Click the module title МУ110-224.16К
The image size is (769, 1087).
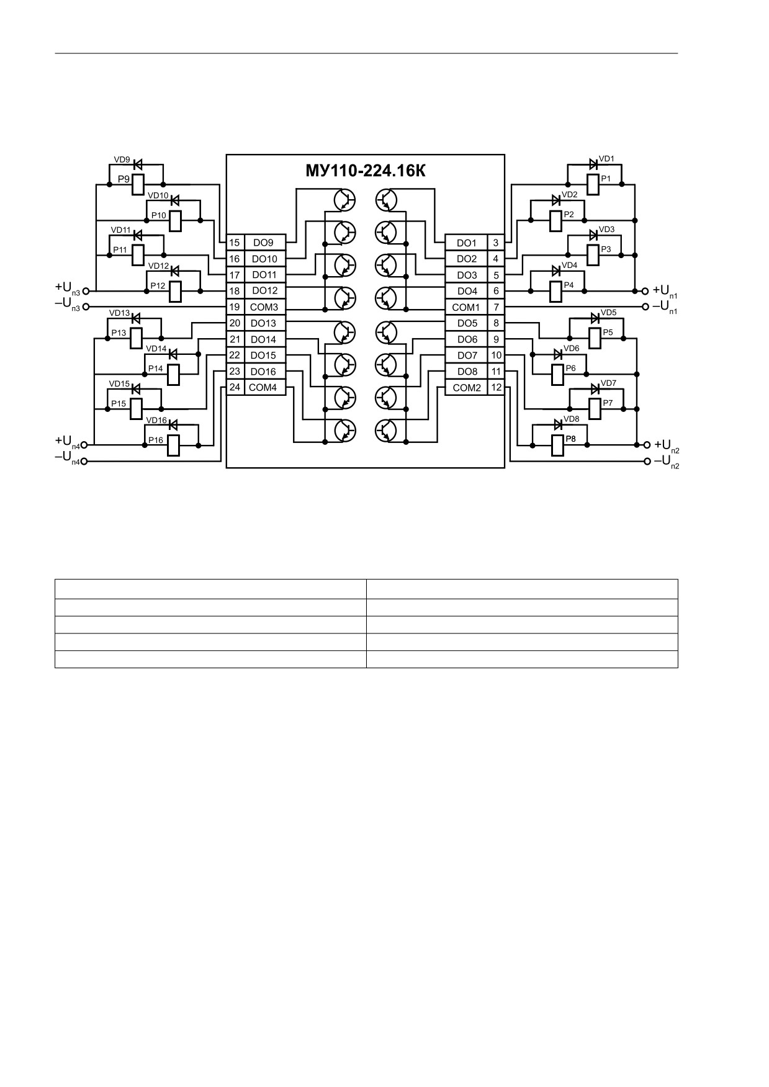click(x=366, y=171)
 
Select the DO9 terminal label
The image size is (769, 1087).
click(x=263, y=243)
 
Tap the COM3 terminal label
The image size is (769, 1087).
click(x=264, y=307)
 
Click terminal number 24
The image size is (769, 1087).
click(x=235, y=387)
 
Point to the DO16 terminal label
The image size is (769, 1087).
click(x=264, y=372)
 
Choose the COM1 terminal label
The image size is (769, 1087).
click(x=466, y=307)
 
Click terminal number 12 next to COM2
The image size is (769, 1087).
click(x=496, y=387)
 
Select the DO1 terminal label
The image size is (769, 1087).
click(x=467, y=243)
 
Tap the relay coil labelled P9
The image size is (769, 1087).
click(x=139, y=184)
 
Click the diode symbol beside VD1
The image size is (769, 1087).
click(x=593, y=164)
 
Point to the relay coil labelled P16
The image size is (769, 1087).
click(x=174, y=445)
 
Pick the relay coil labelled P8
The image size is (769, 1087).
click(x=557, y=445)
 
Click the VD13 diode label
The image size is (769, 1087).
click(x=119, y=313)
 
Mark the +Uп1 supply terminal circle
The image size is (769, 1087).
click(x=645, y=290)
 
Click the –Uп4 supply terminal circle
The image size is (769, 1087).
click(x=84, y=461)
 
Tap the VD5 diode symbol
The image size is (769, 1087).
click(x=595, y=318)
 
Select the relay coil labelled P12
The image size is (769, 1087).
click(x=175, y=291)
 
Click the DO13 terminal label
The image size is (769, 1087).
click(x=264, y=323)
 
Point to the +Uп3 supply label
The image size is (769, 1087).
click(x=67, y=288)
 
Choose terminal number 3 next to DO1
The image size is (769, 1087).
click(x=496, y=243)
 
